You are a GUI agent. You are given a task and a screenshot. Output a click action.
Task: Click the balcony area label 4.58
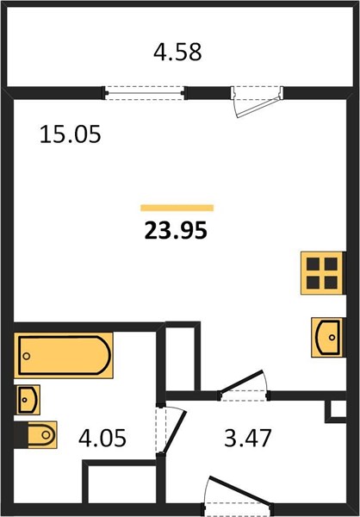pos(177,53)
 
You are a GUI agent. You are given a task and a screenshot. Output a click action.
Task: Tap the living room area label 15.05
pos(70,134)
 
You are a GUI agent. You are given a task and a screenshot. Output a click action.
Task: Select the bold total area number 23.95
pos(176,230)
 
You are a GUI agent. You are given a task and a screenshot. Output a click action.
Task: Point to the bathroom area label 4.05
pos(102,439)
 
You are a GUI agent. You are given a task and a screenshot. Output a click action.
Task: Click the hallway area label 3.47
pos(247,439)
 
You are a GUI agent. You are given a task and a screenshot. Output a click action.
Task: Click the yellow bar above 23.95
pos(177,208)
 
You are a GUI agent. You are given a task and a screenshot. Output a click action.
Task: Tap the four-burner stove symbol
pos(322,273)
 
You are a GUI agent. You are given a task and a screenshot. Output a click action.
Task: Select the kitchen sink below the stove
pos(327,337)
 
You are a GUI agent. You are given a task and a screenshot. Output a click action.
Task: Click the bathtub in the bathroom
pos(63,355)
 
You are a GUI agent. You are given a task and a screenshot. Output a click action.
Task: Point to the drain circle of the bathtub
pos(27,356)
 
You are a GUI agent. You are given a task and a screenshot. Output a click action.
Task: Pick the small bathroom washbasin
pos(28,400)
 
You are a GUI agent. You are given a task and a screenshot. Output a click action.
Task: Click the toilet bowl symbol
pos(42,434)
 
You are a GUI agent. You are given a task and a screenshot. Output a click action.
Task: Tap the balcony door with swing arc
pos(258,102)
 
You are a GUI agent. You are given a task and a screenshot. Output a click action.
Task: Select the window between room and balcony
pos(145,93)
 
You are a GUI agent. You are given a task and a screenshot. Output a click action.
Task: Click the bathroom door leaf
pos(175,432)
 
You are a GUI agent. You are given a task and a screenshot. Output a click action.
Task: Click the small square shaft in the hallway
pos(335,411)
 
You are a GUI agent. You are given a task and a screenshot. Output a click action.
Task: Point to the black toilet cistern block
pos(21,435)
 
